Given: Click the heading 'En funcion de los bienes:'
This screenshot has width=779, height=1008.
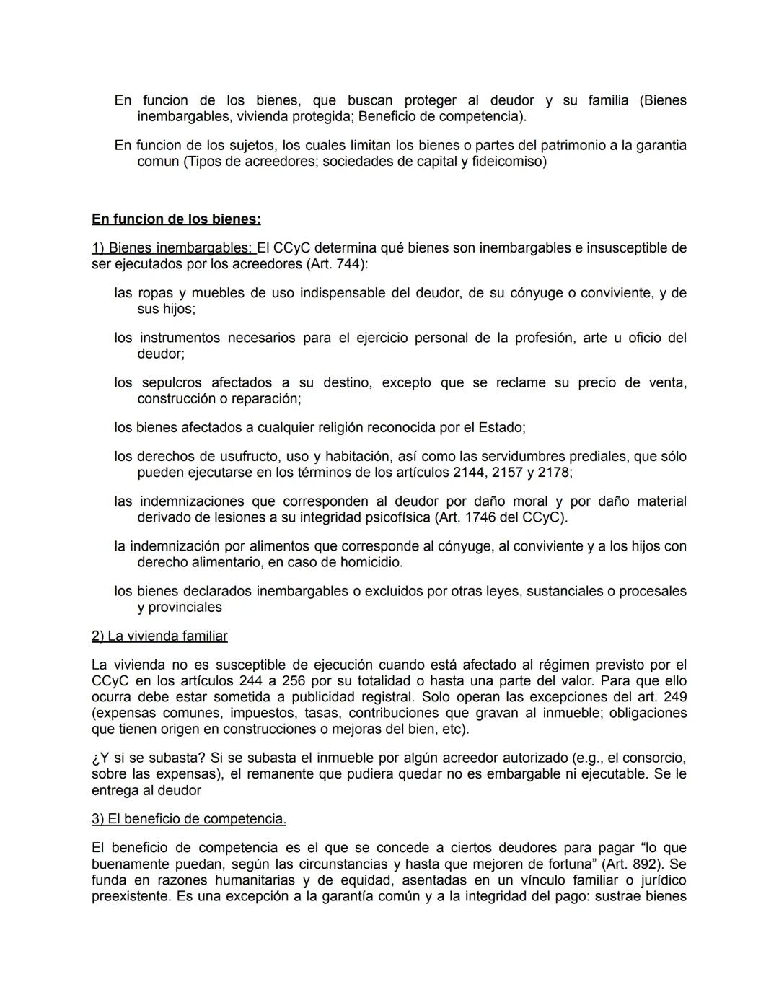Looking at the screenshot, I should point(176,219).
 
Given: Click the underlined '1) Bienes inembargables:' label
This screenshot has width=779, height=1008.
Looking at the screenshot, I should point(173,248).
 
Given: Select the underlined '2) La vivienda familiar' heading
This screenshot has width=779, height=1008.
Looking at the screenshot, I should point(159,636).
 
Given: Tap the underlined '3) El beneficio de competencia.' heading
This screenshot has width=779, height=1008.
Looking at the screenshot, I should point(189,819).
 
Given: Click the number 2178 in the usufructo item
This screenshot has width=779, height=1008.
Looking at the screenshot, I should point(552,473).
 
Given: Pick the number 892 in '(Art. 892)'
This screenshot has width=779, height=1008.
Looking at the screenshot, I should point(649,864).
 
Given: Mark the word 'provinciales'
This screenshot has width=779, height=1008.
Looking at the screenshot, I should point(180,608).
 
